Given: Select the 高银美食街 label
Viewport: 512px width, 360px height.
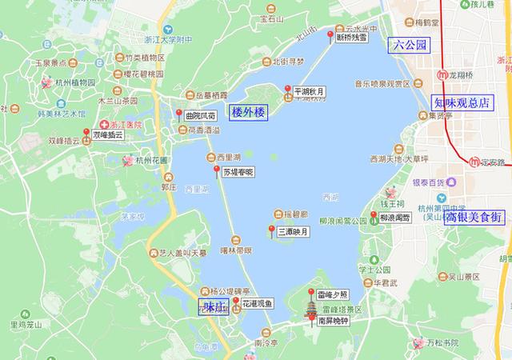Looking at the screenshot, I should [x=474, y=217].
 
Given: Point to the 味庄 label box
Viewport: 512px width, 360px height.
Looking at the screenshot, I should [x=213, y=306].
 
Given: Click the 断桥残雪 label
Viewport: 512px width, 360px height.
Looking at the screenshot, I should [x=352, y=37].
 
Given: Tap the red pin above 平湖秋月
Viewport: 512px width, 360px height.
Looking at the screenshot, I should [x=288, y=88].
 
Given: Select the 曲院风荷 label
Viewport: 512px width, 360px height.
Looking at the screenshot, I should [x=200, y=116].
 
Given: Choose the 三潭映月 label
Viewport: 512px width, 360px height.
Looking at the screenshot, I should [x=293, y=233].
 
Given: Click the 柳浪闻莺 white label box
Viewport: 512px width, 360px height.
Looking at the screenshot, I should [x=394, y=218].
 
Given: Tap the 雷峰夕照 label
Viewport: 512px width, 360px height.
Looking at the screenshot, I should [x=332, y=295].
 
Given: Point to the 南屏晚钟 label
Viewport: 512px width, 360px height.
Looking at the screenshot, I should [x=334, y=321].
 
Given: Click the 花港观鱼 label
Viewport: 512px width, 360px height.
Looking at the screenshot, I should [x=258, y=303].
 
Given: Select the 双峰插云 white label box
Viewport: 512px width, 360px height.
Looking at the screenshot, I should [x=108, y=136].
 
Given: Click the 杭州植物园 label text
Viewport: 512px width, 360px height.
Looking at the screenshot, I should [x=74, y=82].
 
